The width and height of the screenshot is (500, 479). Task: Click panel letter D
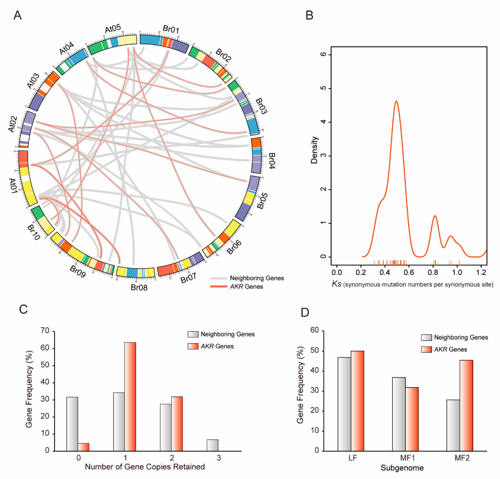(x=305, y=312)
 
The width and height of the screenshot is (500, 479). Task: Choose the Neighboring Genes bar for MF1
(x=399, y=414)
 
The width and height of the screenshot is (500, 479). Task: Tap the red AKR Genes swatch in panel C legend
(x=193, y=346)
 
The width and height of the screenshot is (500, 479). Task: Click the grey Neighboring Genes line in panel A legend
(x=219, y=278)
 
